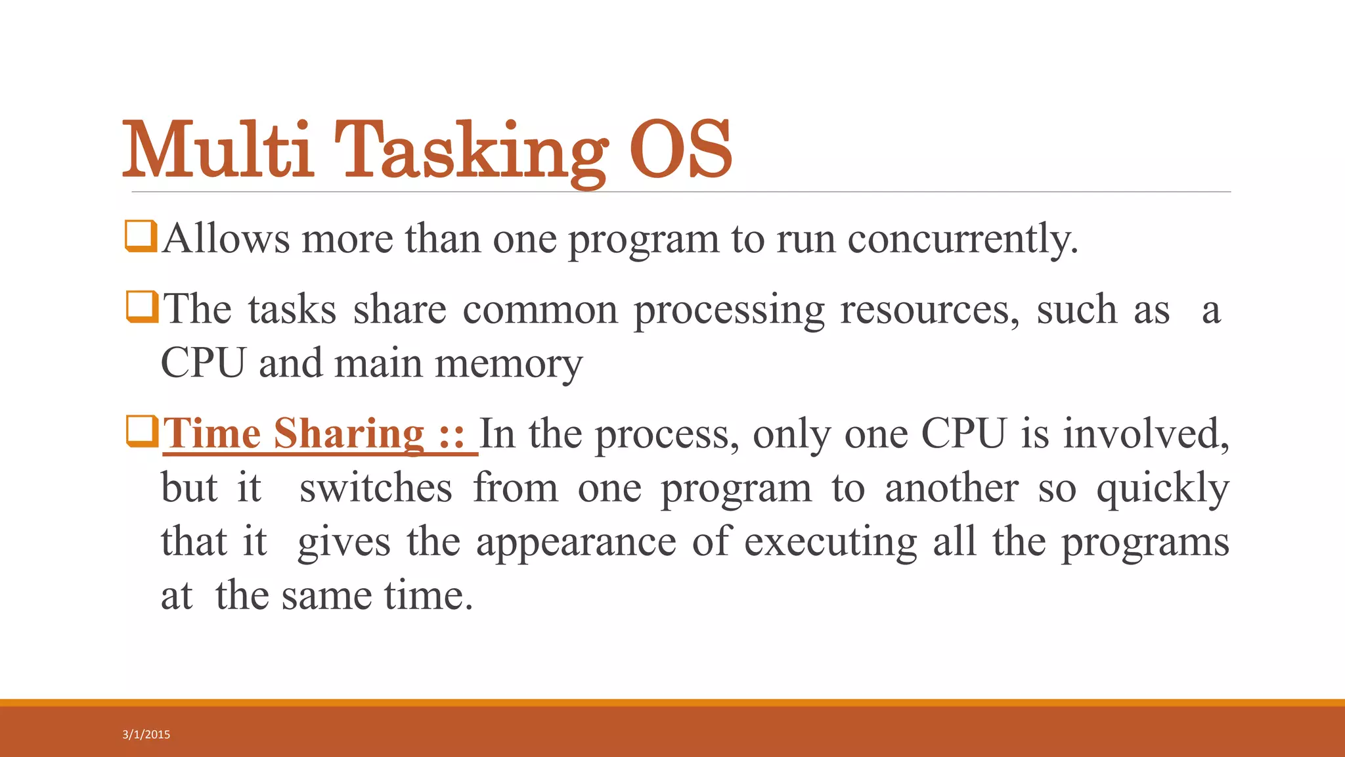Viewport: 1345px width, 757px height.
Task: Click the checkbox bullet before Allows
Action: pyautogui.click(x=141, y=237)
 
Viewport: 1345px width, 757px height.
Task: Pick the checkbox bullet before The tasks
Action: pyautogui.click(x=141, y=307)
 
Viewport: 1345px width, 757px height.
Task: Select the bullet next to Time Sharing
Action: pyautogui.click(x=141, y=432)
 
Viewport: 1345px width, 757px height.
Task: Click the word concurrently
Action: pyautogui.click(x=962, y=239)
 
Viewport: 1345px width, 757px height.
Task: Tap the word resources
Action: pyautogui.click(x=930, y=310)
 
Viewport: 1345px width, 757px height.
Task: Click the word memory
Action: pyautogui.click(x=508, y=364)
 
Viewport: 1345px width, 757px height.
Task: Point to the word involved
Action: pyautogui.click(x=1146, y=434)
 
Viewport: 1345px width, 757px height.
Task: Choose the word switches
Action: pyautogui.click(x=376, y=488)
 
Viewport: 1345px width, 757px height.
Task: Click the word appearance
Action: pyautogui.click(x=576, y=543)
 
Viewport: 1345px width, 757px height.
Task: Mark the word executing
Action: pyautogui.click(x=830, y=543)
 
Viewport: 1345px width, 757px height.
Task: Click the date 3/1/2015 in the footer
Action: pyautogui.click(x=146, y=735)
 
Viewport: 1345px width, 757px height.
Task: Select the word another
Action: pyautogui.click(x=952, y=488)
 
